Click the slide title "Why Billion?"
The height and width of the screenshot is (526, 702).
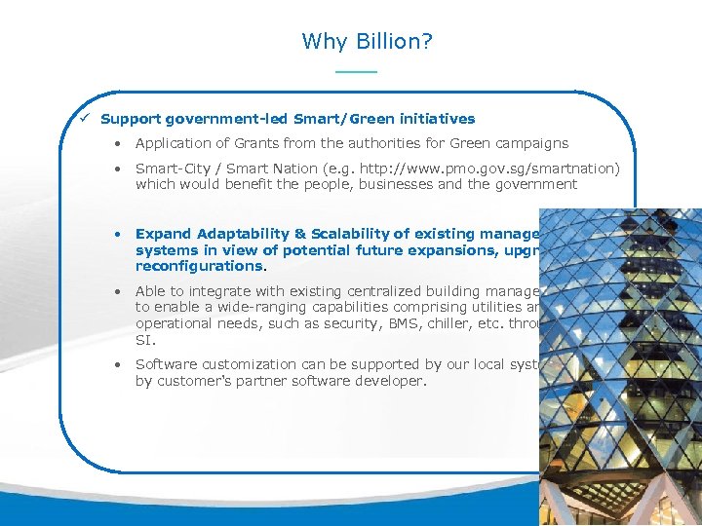(x=368, y=41)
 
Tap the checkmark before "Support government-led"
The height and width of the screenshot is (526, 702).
(x=86, y=119)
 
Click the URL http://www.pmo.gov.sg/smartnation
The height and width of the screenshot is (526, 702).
(x=477, y=169)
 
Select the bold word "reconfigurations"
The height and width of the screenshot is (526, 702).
(x=199, y=266)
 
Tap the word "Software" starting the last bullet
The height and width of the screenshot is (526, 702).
(x=167, y=364)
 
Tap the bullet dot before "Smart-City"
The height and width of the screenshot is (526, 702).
(x=116, y=169)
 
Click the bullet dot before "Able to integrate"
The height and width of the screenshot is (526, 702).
(x=116, y=291)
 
